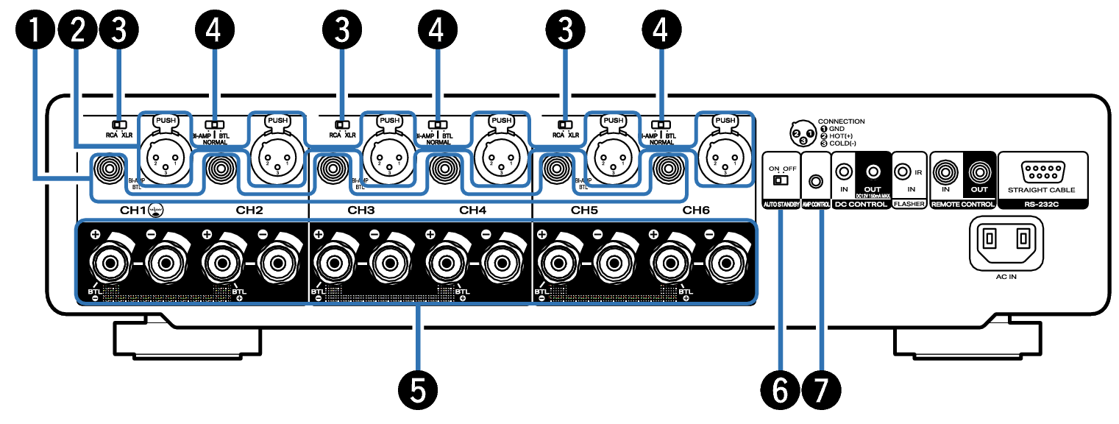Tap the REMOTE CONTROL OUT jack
pos(978,174)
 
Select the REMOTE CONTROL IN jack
pos(946,174)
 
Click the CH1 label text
pos(135,210)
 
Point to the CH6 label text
pos(696,210)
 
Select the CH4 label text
pos(472,210)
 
